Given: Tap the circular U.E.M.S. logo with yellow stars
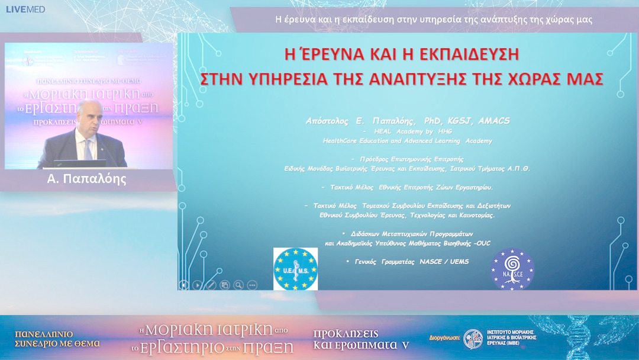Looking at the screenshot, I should pyautogui.click(x=295, y=269).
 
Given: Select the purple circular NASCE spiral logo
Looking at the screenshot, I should pyautogui.click(x=512, y=269).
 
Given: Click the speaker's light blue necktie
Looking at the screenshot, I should pyautogui.click(x=87, y=149).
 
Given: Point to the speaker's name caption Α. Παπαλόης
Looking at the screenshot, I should pyautogui.click(x=87, y=179).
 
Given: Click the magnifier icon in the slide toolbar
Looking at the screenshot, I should pyautogui.click(x=238, y=285).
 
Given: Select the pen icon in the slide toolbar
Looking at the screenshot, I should pyautogui.click(x=211, y=285).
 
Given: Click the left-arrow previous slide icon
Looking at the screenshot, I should pyautogui.click(x=184, y=285).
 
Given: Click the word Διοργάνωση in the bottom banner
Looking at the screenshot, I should pyautogui.click(x=444, y=339).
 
